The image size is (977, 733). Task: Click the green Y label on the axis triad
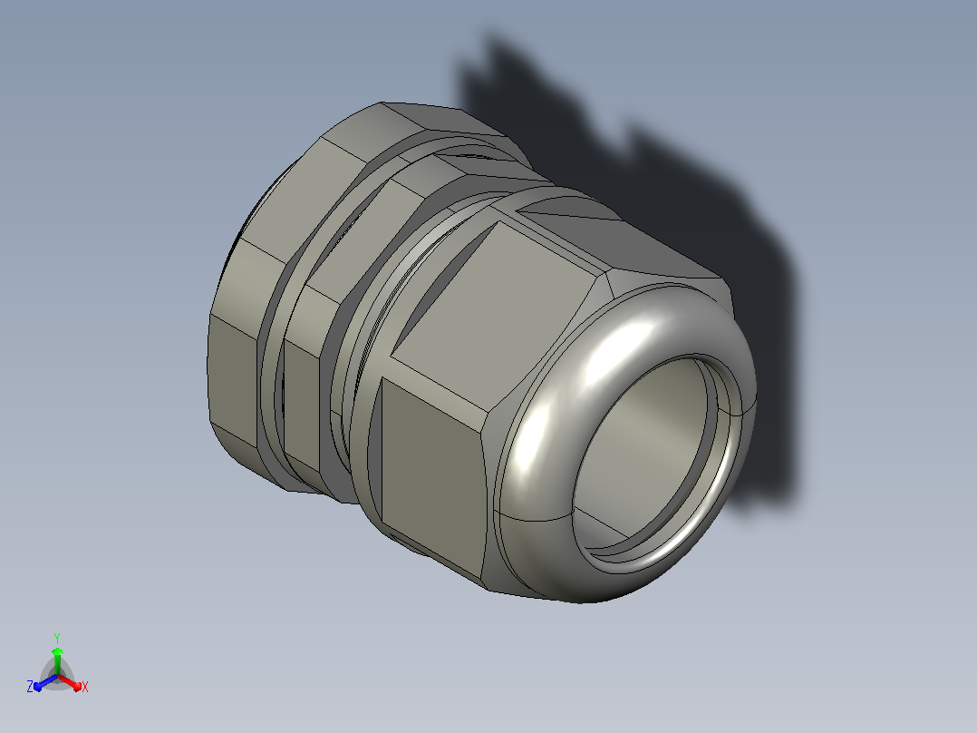point(57,639)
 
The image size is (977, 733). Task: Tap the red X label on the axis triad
point(85,687)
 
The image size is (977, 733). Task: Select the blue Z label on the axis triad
point(29,687)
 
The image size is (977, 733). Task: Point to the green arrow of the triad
point(57,660)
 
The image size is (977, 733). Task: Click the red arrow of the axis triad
point(71,682)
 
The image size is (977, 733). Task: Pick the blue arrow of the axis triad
point(45,682)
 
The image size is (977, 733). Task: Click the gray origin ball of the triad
point(57,676)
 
